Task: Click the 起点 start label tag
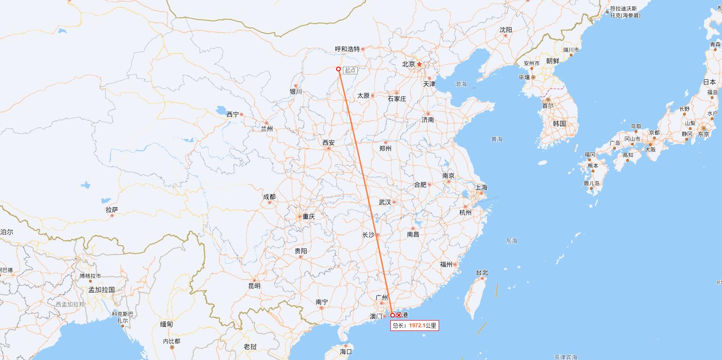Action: [x=350, y=70]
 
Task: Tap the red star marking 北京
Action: [x=419, y=64]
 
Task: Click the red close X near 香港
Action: [x=399, y=315]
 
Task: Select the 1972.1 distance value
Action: [x=417, y=326]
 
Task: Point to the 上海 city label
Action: [x=481, y=187]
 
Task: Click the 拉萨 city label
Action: [x=112, y=210]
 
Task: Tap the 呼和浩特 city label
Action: [x=347, y=49]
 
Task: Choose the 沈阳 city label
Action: [x=506, y=30]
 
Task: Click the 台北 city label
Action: [x=482, y=272]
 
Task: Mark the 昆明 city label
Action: [x=254, y=286]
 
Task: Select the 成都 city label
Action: [x=269, y=197]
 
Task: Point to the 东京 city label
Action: [x=703, y=134]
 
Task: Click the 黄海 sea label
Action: [x=496, y=139]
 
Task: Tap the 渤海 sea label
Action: [x=461, y=84]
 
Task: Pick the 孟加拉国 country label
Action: [x=102, y=290]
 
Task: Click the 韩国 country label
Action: [x=560, y=124]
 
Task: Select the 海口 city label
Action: [x=346, y=352]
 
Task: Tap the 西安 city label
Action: [x=329, y=143]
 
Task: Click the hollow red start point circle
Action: [x=338, y=69]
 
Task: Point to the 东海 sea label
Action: [x=511, y=241]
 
